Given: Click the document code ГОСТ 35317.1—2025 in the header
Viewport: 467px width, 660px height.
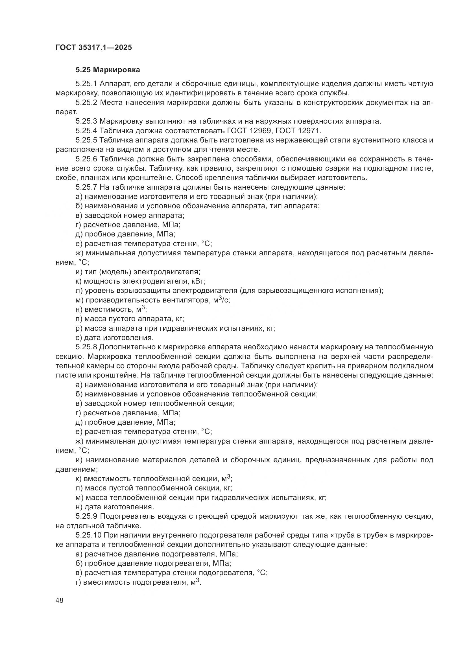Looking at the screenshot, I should click(93, 47).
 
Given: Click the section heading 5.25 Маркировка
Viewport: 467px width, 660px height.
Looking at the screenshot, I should click(108, 70).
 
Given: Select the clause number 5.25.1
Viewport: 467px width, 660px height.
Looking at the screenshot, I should click(87, 84).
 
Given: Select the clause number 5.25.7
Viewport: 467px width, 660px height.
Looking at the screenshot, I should click(87, 187).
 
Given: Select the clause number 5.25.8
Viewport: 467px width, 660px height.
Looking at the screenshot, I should click(87, 347).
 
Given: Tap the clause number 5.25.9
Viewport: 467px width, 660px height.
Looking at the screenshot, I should click(87, 516).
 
